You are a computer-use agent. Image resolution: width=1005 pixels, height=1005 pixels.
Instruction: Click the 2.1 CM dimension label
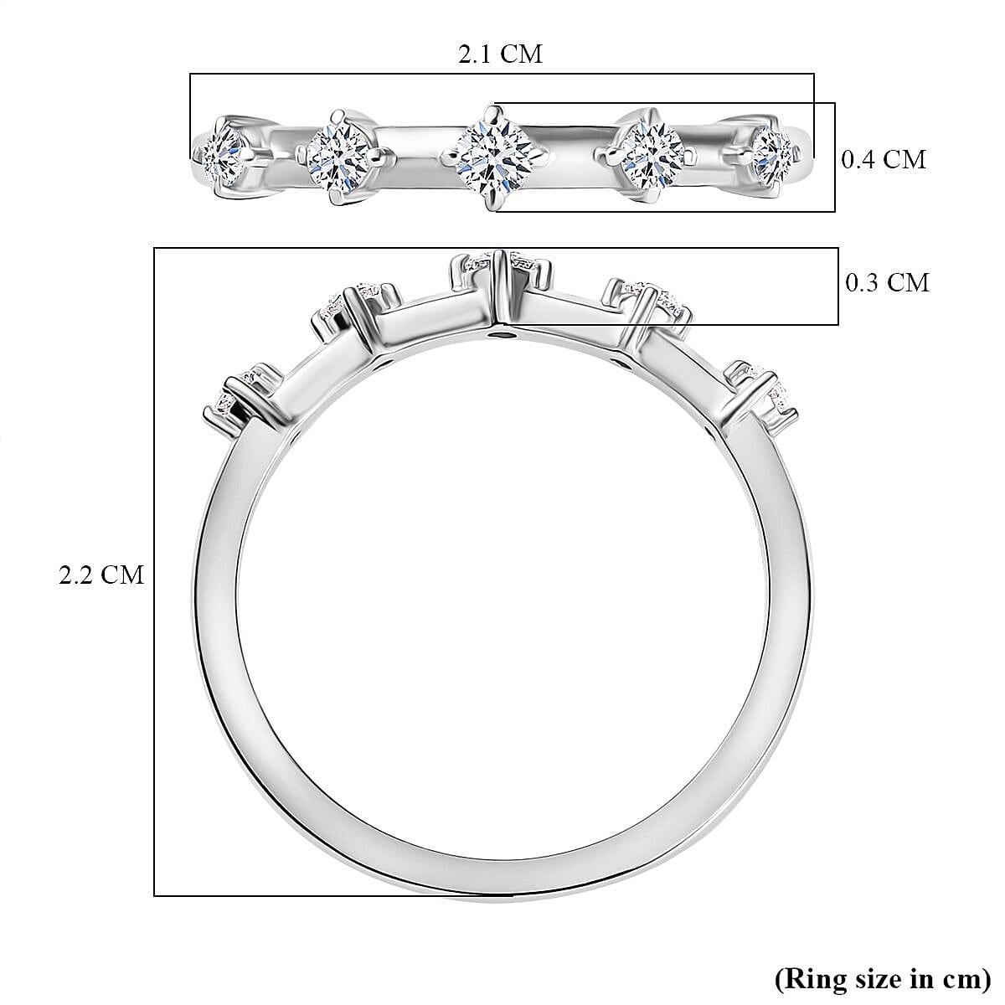click(x=500, y=54)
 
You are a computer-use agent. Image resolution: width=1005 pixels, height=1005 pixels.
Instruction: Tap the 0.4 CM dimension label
click(x=884, y=159)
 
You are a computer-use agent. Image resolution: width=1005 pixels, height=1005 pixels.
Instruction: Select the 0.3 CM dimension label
click(x=887, y=283)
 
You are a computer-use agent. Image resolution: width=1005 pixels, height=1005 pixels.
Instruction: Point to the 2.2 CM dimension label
click(x=101, y=575)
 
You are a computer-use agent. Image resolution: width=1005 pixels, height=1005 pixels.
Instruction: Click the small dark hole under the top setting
click(x=502, y=337)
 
